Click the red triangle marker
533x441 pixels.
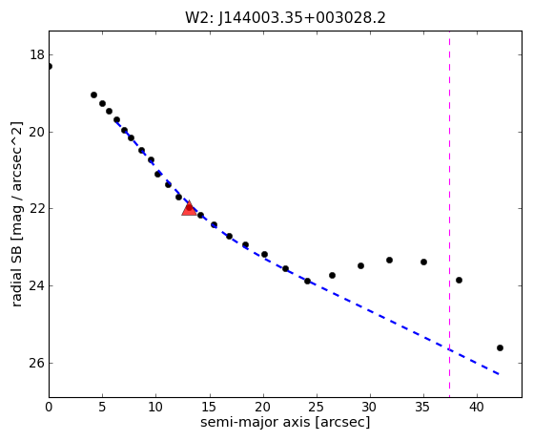point(189,208)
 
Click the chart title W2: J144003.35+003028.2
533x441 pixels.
point(285,18)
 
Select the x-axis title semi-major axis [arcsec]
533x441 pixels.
point(285,422)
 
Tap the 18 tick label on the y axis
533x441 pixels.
point(37,54)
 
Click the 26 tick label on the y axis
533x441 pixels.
point(37,363)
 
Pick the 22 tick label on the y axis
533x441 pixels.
point(37,209)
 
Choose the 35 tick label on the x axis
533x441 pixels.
point(423,407)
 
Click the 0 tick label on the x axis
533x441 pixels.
point(49,407)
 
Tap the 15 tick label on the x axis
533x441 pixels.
point(209,407)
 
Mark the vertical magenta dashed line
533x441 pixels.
point(449,214)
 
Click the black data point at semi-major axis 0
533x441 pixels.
point(50,67)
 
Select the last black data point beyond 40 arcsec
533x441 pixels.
point(500,347)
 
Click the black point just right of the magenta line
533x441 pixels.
point(459,280)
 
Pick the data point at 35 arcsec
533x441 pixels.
point(423,262)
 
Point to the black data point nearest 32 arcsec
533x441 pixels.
point(390,260)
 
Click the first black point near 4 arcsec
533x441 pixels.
point(93,94)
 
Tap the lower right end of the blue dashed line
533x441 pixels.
point(499,374)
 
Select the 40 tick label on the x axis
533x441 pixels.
point(477,407)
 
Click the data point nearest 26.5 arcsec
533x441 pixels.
point(332,275)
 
